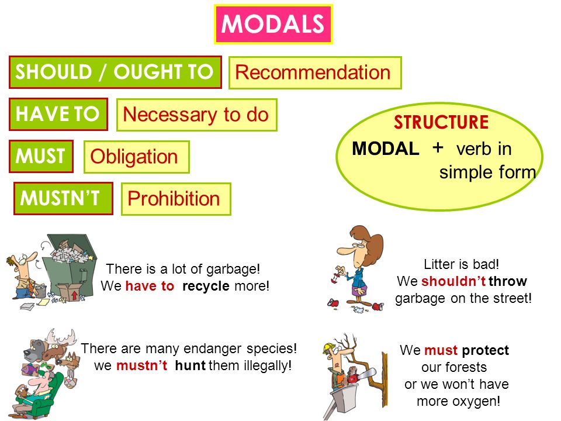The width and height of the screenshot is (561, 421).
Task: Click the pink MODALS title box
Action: (x=273, y=25)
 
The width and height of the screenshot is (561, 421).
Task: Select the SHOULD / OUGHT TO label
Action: (x=115, y=72)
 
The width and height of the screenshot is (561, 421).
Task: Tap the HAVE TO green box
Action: (x=58, y=114)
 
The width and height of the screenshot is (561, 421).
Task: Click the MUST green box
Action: (x=41, y=157)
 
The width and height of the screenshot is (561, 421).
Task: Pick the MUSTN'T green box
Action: (x=63, y=198)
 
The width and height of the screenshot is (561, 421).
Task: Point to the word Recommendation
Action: (x=313, y=73)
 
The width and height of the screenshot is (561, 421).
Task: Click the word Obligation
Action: (x=134, y=157)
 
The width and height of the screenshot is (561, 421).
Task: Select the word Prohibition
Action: (x=174, y=199)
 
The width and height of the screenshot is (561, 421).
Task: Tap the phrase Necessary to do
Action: (x=196, y=115)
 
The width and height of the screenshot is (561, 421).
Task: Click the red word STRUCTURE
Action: (x=441, y=122)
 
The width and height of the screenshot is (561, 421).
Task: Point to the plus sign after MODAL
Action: (x=438, y=147)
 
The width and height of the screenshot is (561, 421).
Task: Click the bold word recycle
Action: (x=206, y=286)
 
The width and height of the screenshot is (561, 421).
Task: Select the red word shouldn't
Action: (x=453, y=281)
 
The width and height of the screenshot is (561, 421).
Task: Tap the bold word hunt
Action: (x=190, y=365)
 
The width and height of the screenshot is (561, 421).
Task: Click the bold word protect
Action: (x=485, y=350)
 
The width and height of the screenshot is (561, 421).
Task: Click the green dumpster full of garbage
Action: (x=70, y=265)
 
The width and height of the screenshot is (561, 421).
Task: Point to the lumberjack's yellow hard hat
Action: (x=329, y=347)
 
